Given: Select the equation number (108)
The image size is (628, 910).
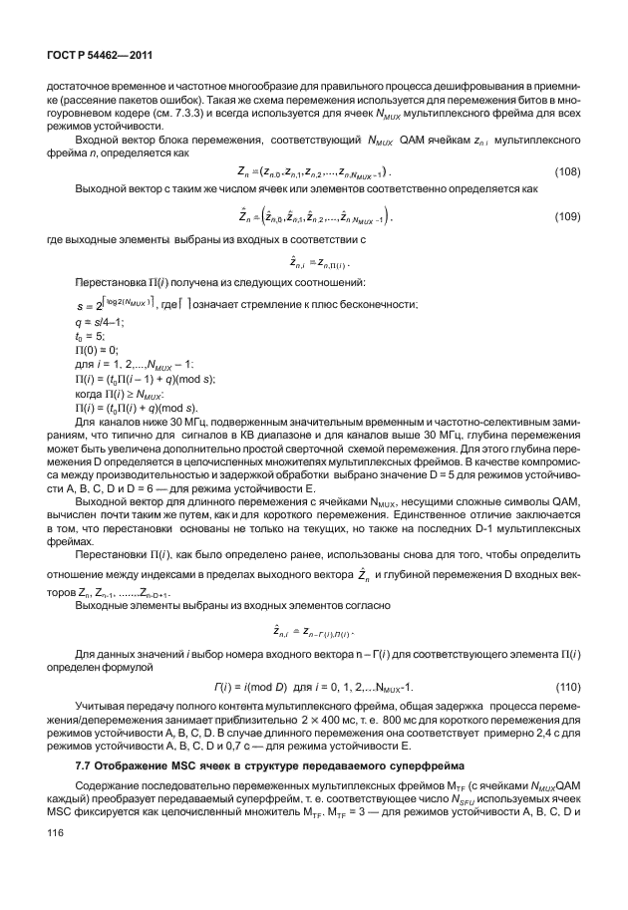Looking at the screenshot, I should tap(566, 171).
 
